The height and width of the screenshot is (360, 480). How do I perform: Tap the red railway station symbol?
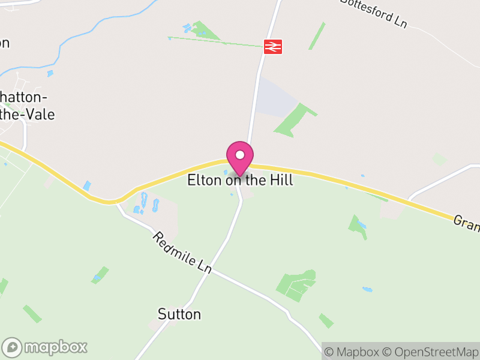(272, 46)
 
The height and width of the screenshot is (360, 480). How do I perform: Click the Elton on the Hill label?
(240, 180)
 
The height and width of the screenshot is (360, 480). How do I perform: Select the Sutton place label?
(179, 314)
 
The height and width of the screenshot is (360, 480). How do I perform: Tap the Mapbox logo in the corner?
(45, 347)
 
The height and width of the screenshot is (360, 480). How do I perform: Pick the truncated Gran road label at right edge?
(467, 223)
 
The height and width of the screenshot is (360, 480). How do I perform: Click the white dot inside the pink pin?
(240, 155)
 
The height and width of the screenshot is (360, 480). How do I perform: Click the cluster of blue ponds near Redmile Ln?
(147, 204)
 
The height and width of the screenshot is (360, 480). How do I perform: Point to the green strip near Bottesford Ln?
(317, 36)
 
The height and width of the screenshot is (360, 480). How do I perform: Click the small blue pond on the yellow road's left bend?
(88, 186)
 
